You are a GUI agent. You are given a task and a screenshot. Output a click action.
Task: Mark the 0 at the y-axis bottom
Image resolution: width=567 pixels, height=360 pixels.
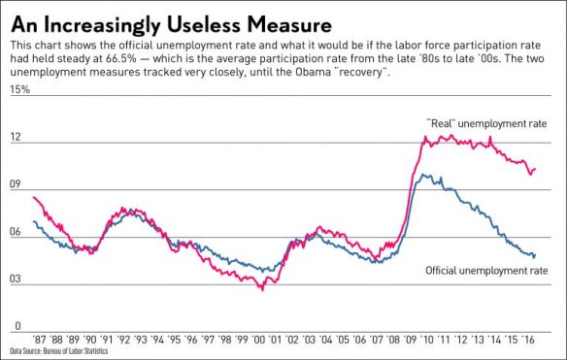tap(14, 326)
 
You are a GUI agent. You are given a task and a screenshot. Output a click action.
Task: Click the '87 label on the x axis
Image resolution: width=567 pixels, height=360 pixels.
tap(40, 341)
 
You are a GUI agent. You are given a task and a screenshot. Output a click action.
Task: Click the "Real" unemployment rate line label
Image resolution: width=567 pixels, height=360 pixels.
tap(486, 124)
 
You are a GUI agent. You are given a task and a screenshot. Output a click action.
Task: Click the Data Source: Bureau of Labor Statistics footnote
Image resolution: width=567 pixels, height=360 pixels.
tap(59, 351)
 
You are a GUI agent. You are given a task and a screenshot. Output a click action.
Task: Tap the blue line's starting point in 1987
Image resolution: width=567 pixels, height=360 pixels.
tap(34, 221)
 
